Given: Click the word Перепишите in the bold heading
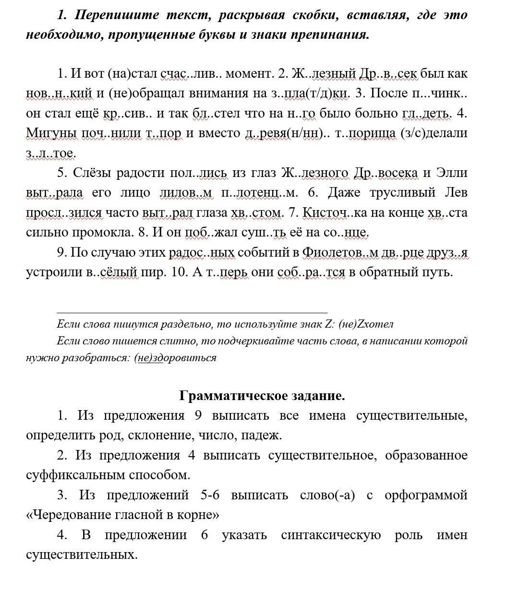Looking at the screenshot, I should click(x=117, y=15).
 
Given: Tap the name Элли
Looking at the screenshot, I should click(x=452, y=172).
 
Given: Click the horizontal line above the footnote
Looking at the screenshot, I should click(x=192, y=312).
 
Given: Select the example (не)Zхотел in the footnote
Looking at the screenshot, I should click(x=366, y=324).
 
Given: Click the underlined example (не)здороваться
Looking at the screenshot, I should click(x=175, y=358).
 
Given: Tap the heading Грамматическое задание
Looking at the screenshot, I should click(x=262, y=396).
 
